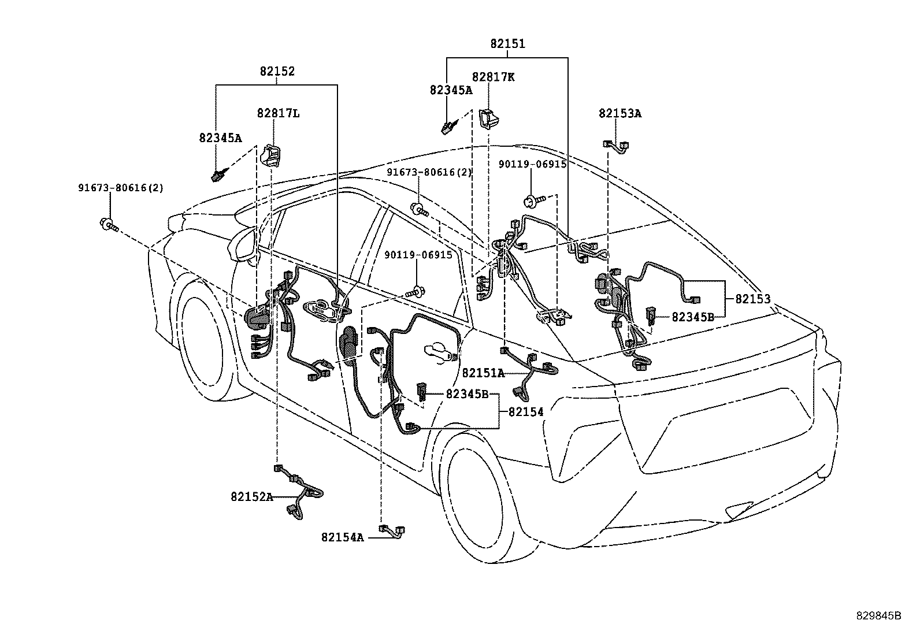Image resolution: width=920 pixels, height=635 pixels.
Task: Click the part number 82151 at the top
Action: pyautogui.click(x=507, y=43)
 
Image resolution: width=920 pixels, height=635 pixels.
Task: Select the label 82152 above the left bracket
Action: pyautogui.click(x=277, y=71)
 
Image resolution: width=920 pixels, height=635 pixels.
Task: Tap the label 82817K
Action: pyautogui.click(x=492, y=77)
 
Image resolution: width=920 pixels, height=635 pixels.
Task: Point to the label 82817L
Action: pyautogui.click(x=278, y=113)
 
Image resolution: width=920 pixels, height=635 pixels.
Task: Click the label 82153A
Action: pyautogui.click(x=619, y=113)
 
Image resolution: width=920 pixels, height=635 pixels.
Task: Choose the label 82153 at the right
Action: pyautogui.click(x=753, y=299)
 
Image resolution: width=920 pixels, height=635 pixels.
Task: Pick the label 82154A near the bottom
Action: pyautogui.click(x=343, y=537)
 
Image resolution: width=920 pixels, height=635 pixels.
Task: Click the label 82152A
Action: pyautogui.click(x=251, y=496)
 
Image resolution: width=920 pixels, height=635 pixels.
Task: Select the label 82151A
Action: pyautogui.click(x=483, y=373)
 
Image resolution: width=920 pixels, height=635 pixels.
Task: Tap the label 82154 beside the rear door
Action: pyautogui.click(x=526, y=411)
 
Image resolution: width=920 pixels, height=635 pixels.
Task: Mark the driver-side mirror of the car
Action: pyautogui.click(x=246, y=246)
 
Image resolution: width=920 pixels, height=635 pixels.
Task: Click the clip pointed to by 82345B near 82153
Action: pyautogui.click(x=651, y=316)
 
